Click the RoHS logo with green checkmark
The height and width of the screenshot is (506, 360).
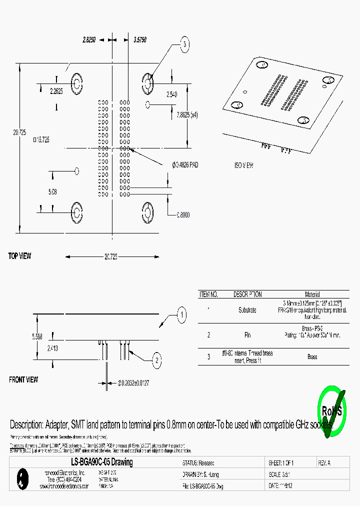[331, 411]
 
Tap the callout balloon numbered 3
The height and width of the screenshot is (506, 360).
[185, 45]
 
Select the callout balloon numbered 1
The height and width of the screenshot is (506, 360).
[182, 315]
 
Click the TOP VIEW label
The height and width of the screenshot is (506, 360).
[19, 256]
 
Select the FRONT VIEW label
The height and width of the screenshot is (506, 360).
[23, 380]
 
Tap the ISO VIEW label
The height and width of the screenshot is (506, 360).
[244, 165]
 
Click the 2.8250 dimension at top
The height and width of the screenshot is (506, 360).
[89, 38]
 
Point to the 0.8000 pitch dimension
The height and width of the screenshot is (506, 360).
[183, 214]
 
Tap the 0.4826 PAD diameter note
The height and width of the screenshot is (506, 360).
[185, 164]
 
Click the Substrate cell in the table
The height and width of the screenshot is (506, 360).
[247, 310]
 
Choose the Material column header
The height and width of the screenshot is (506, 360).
[312, 294]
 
